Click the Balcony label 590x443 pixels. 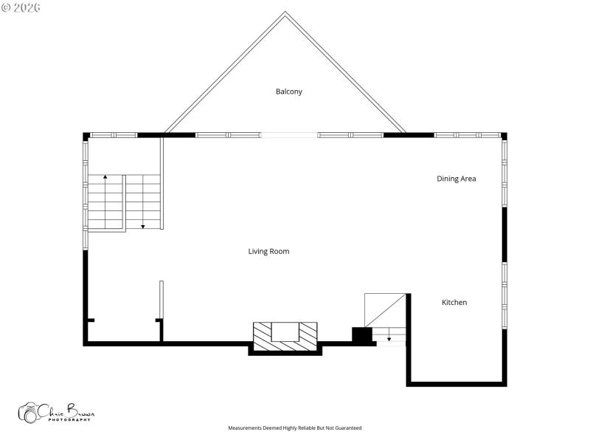click(x=289, y=92)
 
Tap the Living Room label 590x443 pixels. click(x=268, y=252)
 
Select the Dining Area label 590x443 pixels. click(x=456, y=179)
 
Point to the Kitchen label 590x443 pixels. click(x=454, y=303)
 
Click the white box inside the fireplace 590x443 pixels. click(x=285, y=332)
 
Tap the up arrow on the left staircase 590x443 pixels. click(x=105, y=178)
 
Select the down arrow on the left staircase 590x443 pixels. click(x=142, y=226)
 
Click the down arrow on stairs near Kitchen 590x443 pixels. click(x=389, y=339)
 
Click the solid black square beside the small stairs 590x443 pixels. click(x=361, y=335)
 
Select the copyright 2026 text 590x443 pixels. click(x=22, y=7)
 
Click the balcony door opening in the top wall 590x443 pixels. click(x=289, y=135)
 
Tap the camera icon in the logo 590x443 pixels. click(x=29, y=413)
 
